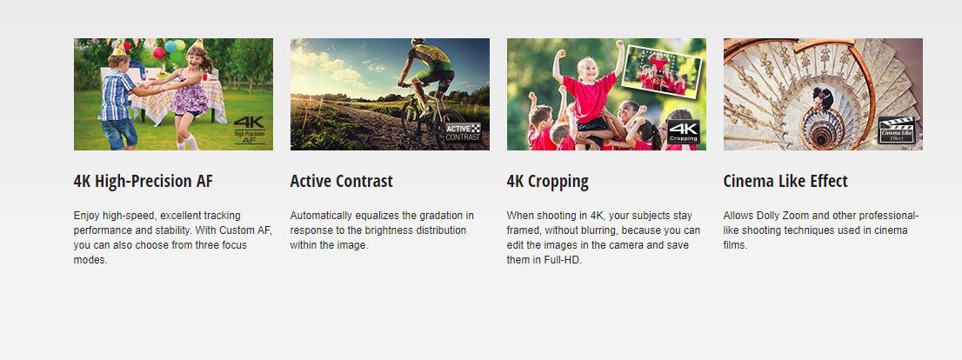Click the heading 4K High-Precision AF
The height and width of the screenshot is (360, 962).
point(143,182)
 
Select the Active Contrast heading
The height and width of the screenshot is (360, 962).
point(341,182)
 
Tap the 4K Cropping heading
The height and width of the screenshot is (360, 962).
point(547,182)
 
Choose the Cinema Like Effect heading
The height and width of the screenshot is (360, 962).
point(785,181)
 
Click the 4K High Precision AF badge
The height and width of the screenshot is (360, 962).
point(250,130)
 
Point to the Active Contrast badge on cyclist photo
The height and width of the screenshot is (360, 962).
point(464,132)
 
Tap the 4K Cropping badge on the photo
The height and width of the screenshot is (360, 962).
point(683,132)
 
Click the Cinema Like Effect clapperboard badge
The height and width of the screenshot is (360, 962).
point(897,130)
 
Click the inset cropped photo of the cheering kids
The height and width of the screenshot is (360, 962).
point(661,71)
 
